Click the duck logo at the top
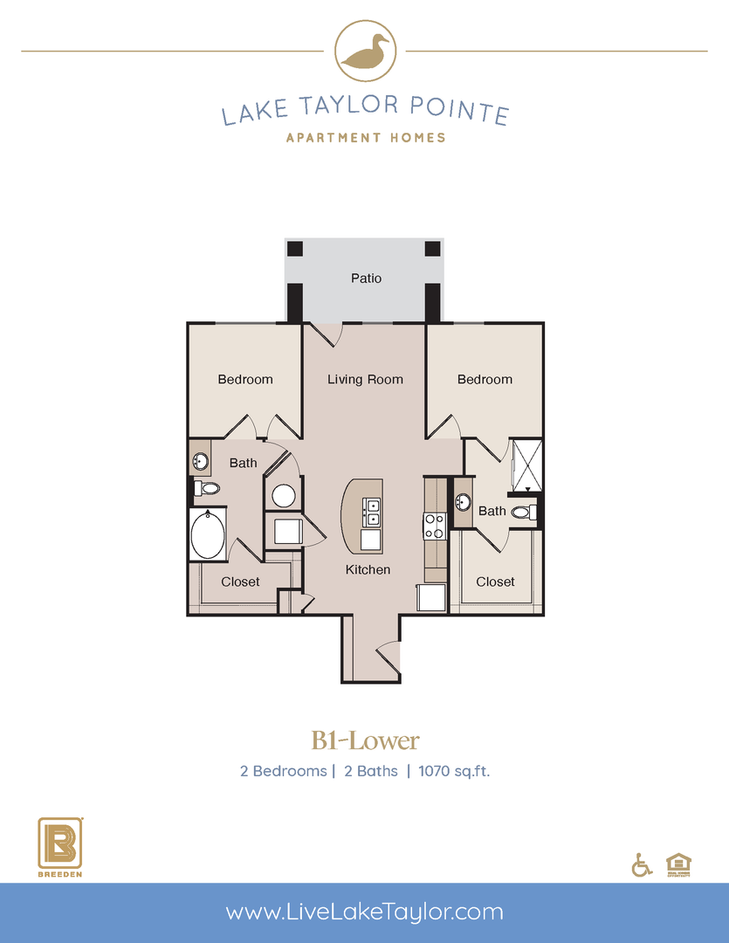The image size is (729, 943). [365, 52]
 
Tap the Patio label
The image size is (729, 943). [367, 279]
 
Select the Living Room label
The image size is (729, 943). [365, 380]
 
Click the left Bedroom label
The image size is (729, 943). [245, 380]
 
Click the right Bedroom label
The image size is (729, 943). [485, 380]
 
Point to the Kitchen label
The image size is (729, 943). [368, 570]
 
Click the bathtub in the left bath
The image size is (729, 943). [208, 534]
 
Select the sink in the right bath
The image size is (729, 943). [463, 503]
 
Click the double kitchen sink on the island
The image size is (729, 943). [372, 512]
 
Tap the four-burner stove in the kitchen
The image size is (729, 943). [434, 526]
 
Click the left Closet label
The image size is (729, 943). [240, 582]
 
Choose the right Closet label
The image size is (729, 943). [495, 582]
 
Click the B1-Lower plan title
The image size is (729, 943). [365, 741]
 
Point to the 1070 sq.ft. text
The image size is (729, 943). [454, 772]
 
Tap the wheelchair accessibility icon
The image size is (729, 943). [641, 864]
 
